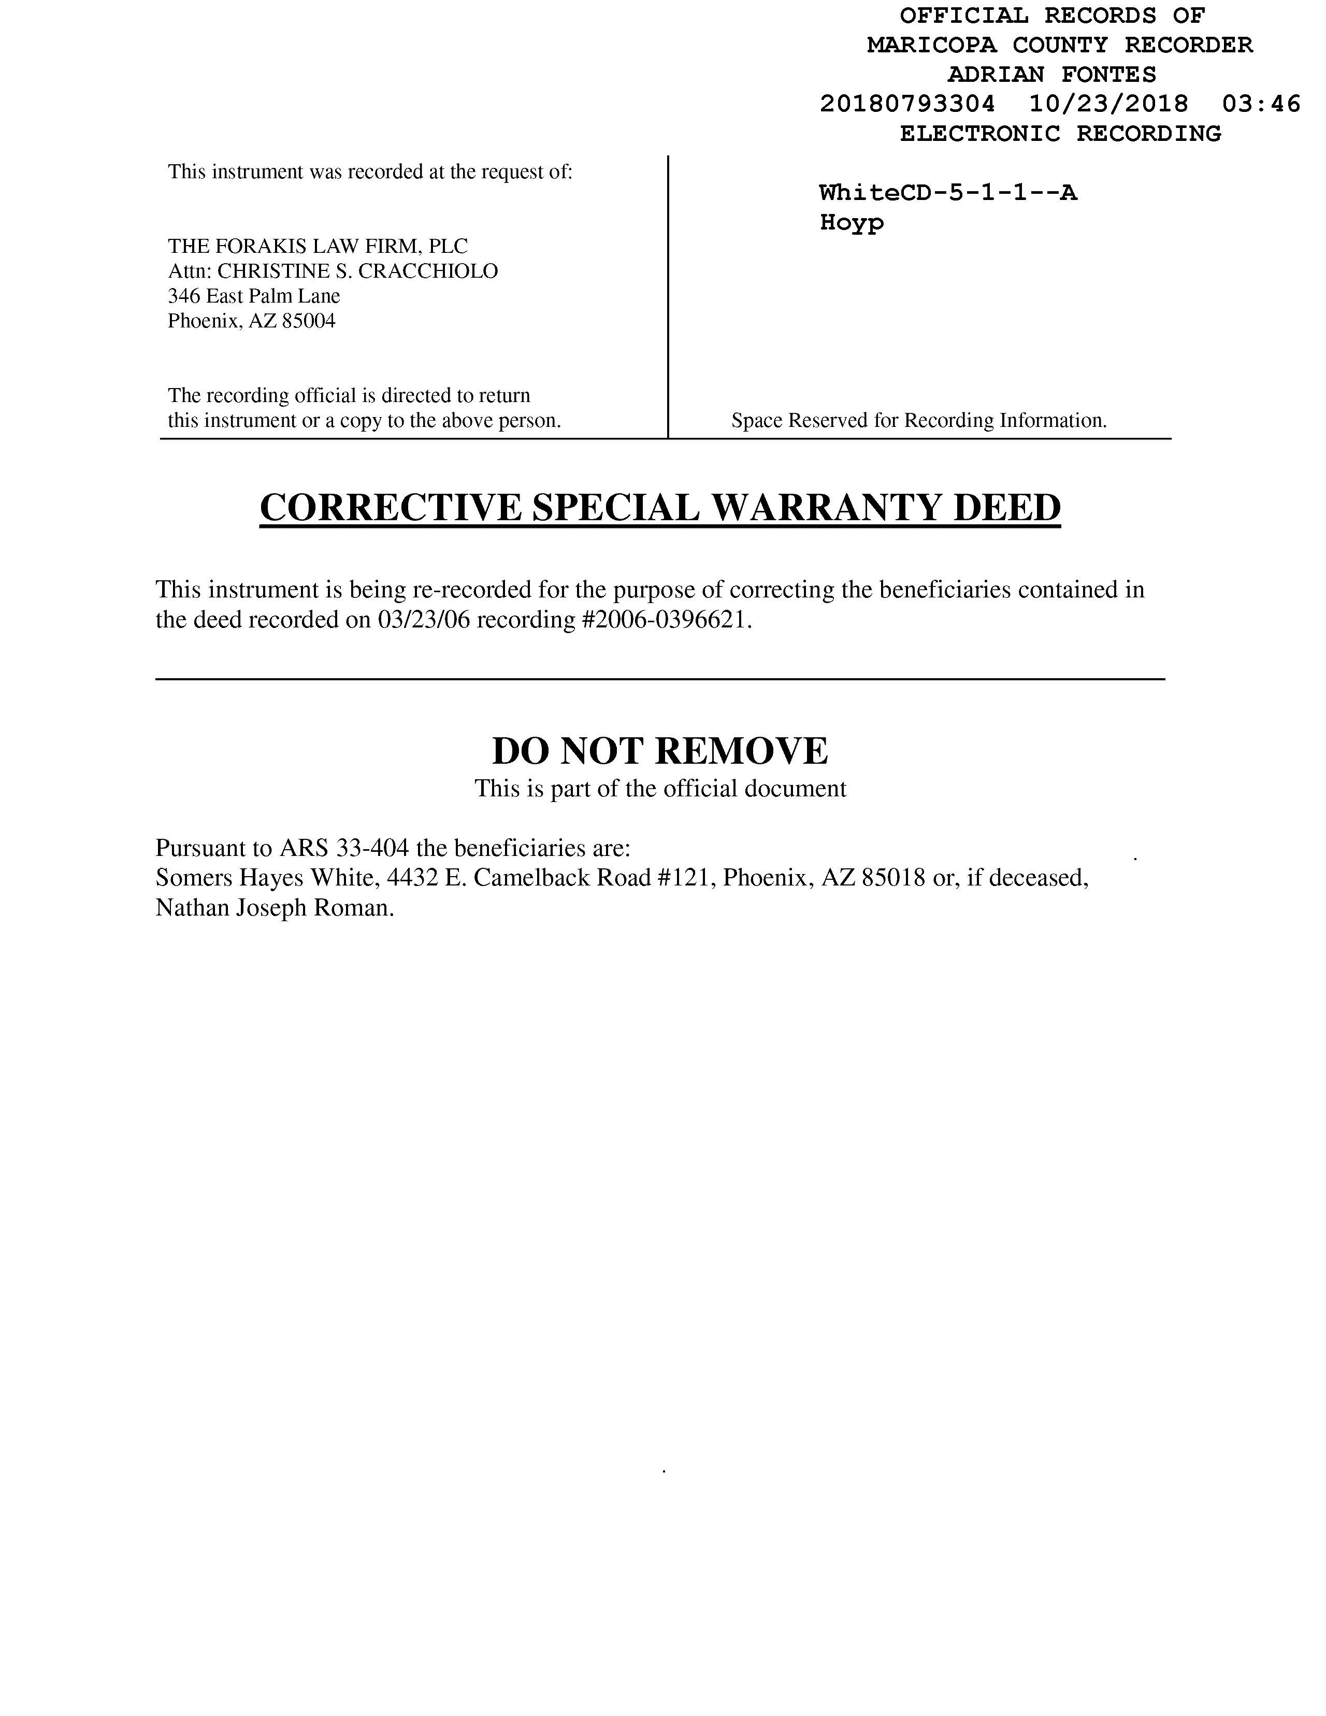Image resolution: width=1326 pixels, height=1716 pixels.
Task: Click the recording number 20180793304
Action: coord(907,104)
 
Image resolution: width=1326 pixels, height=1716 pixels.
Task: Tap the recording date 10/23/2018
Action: coord(1108,104)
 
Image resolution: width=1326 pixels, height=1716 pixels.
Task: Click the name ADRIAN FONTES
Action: coord(1052,75)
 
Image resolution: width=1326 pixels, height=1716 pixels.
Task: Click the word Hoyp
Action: coord(852,222)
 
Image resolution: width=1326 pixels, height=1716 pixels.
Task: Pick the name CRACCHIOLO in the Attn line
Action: coord(428,271)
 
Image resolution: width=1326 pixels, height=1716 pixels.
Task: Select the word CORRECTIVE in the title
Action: coord(391,508)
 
